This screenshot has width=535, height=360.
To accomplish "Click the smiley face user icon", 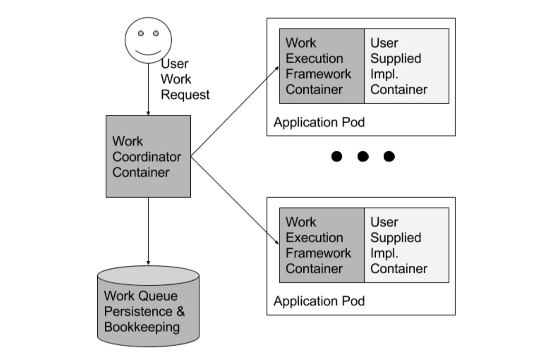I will (148, 40).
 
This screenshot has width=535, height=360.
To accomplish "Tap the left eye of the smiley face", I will (141, 33).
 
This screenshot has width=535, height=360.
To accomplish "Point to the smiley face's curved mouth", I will (148, 52).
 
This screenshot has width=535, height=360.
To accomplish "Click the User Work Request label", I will (185, 79).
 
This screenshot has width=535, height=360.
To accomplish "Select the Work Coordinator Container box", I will (148, 156).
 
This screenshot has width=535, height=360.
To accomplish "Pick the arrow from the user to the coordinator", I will (148, 89).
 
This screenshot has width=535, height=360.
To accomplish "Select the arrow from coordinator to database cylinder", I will (148, 231).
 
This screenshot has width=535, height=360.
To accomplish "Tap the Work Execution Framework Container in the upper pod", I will (322, 66).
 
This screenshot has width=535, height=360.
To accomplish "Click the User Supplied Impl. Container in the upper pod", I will (406, 66).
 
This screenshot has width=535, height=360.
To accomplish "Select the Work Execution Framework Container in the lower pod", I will (322, 245).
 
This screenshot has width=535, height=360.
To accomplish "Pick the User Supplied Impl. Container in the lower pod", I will (406, 245).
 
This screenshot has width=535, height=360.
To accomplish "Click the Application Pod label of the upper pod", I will (319, 122).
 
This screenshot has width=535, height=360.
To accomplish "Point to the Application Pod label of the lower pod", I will (319, 301).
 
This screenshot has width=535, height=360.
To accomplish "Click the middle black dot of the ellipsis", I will (363, 156).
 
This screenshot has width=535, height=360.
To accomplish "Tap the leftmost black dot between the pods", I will (337, 156).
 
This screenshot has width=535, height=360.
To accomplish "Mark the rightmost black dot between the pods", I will (389, 156).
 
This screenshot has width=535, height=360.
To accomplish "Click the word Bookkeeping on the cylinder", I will (142, 327).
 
